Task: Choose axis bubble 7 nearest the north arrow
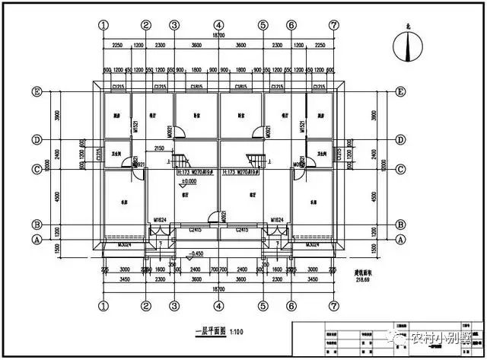(x=333, y=24)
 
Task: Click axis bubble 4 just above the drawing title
(x=219, y=304)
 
